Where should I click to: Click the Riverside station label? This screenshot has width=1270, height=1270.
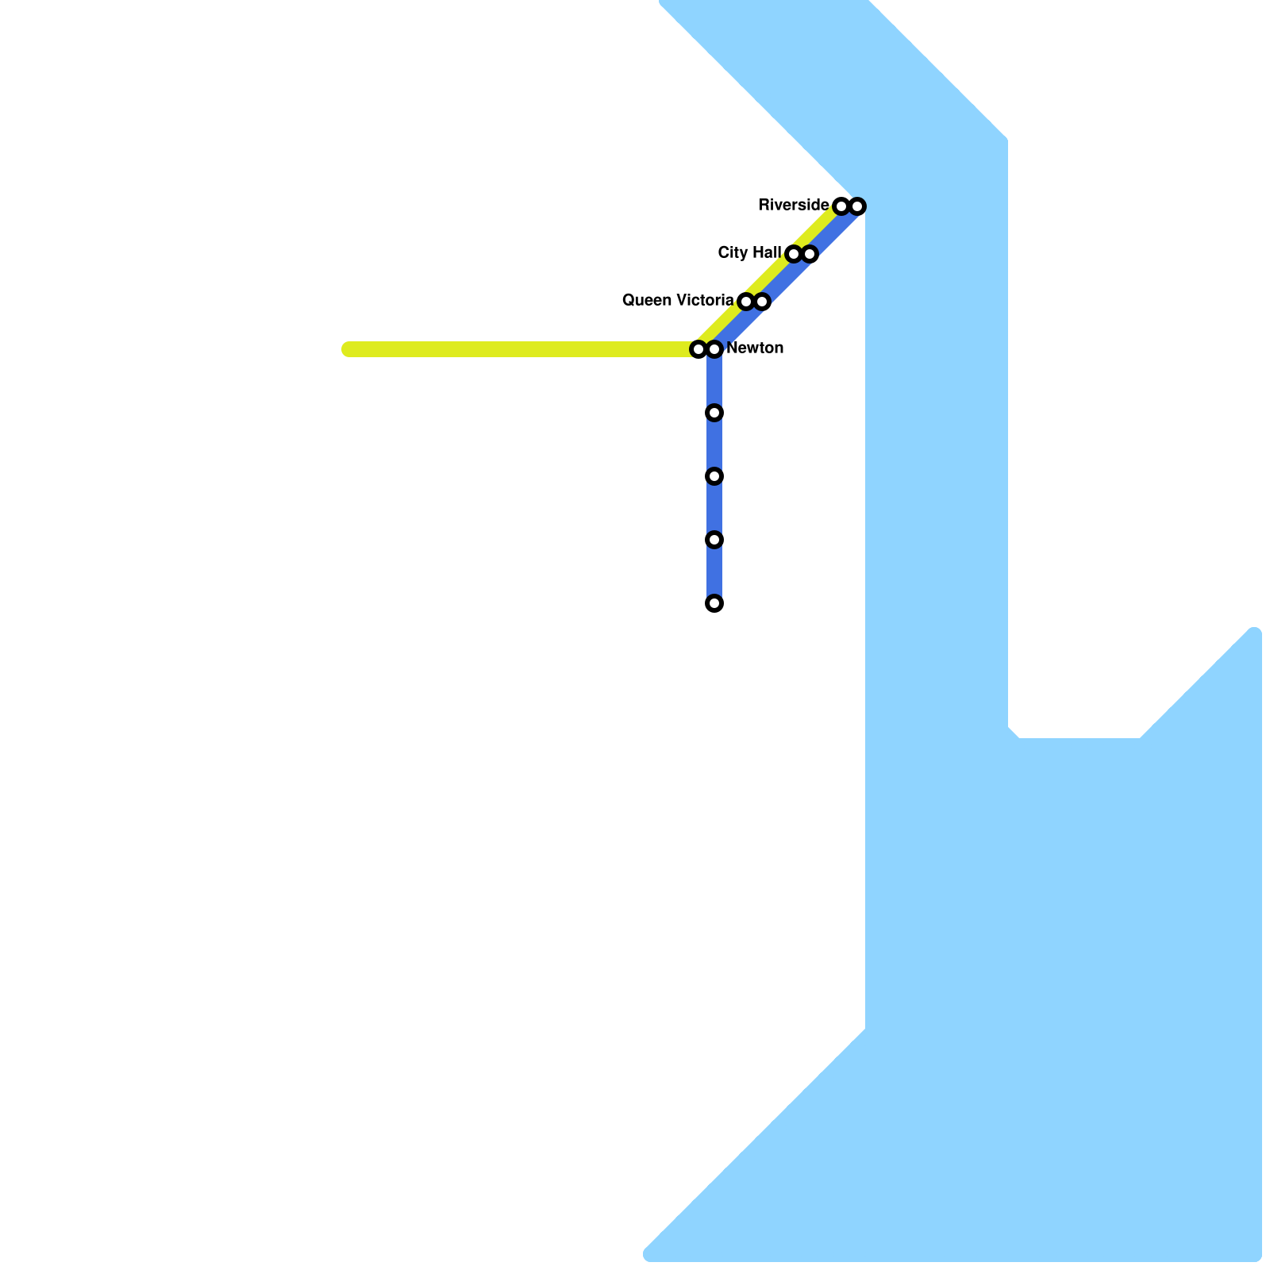point(793,206)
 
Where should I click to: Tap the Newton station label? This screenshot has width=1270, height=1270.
point(754,348)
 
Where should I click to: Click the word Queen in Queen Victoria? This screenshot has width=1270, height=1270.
point(645,301)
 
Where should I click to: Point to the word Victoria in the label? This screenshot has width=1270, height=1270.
point(702,301)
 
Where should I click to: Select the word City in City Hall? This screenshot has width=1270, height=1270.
point(733,253)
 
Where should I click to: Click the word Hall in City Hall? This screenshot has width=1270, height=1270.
point(766,253)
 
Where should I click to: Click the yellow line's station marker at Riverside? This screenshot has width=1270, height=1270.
point(841,206)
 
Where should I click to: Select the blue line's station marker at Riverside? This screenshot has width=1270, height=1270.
point(857,206)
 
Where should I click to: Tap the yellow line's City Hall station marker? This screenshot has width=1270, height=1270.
point(794,254)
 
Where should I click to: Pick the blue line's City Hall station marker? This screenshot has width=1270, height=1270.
point(810,254)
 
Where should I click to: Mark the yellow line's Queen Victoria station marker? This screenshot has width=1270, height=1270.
point(746,302)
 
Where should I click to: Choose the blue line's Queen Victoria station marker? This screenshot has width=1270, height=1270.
point(762,302)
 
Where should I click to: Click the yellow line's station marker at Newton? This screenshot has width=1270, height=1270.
point(698,349)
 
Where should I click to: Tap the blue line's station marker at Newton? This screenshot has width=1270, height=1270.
point(714,349)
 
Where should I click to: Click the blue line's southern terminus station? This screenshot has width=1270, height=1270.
point(714,603)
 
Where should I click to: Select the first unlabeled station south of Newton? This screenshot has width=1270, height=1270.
point(714,413)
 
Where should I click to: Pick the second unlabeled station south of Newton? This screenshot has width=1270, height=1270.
point(714,476)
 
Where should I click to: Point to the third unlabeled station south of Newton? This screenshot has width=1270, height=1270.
point(714,540)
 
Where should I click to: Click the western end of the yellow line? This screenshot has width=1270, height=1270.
point(348,349)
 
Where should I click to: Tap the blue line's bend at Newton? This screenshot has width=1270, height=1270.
point(714,350)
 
